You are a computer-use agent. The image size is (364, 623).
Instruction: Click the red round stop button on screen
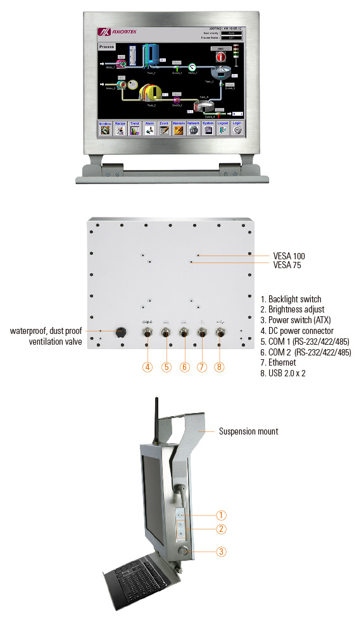point(221,56)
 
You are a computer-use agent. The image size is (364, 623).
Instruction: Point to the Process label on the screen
point(106,47)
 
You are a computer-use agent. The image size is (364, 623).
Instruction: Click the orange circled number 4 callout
point(147,366)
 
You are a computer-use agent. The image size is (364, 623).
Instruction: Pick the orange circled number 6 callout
point(184,366)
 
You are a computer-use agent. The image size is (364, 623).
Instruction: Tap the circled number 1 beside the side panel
point(221,515)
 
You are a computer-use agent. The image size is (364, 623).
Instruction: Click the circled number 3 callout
point(221,552)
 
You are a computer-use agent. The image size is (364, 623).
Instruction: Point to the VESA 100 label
point(289,256)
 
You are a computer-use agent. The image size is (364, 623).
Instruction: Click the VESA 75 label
point(287,266)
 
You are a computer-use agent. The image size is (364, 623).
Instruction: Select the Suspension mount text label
point(248,432)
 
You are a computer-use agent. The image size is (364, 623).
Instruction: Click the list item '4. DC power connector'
point(301,331)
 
